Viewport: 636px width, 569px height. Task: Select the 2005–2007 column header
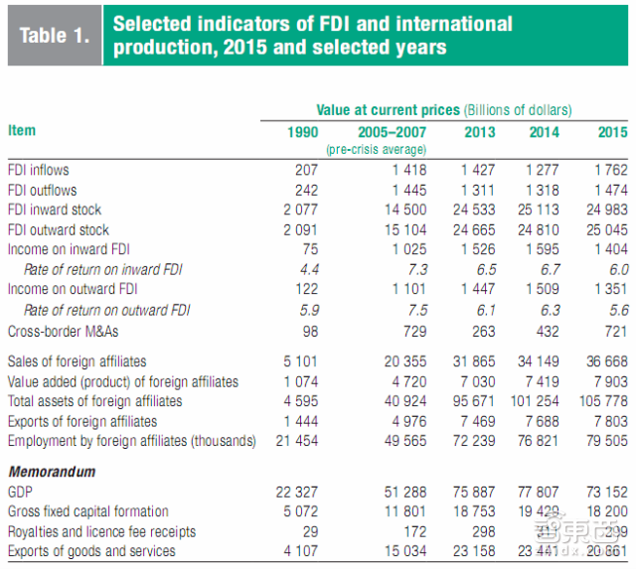pos(392,132)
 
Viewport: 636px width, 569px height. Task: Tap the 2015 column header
pos(612,132)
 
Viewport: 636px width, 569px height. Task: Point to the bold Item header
pos(21,130)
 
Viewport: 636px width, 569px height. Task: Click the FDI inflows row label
pos(38,170)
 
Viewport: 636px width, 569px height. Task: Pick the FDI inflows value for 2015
pos(608,170)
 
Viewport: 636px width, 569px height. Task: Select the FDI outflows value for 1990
pos(304,190)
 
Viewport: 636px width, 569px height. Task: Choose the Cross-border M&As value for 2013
pos(479,330)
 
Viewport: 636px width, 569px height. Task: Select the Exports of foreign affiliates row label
pos(79,421)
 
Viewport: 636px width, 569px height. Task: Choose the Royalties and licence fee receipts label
pos(101,532)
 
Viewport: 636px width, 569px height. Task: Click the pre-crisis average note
pos(377,149)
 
